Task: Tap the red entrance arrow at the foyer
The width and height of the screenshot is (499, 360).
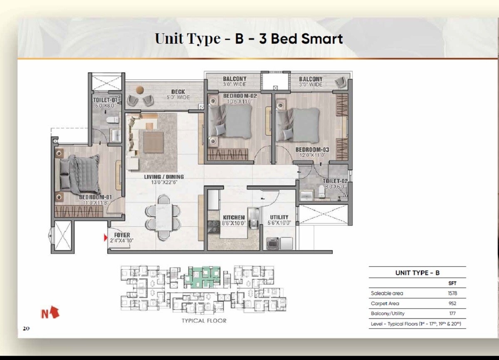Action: click(x=106, y=238)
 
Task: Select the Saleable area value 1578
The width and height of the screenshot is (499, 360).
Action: click(x=453, y=293)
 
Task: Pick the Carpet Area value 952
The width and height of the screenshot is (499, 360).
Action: click(x=453, y=303)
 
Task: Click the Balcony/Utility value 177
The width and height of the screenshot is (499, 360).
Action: click(x=453, y=313)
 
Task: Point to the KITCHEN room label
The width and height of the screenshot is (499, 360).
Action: click(x=234, y=218)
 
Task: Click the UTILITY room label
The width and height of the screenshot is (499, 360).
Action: click(x=279, y=218)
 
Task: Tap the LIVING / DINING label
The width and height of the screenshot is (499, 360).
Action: click(x=164, y=177)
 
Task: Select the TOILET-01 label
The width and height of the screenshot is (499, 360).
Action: click(x=105, y=100)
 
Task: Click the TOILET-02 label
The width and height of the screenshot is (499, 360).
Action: click(x=335, y=181)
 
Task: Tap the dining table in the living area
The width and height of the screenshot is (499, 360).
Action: click(x=163, y=217)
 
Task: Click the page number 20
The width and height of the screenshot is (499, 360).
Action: click(x=26, y=328)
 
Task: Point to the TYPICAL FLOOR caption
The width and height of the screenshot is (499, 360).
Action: click(x=204, y=320)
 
